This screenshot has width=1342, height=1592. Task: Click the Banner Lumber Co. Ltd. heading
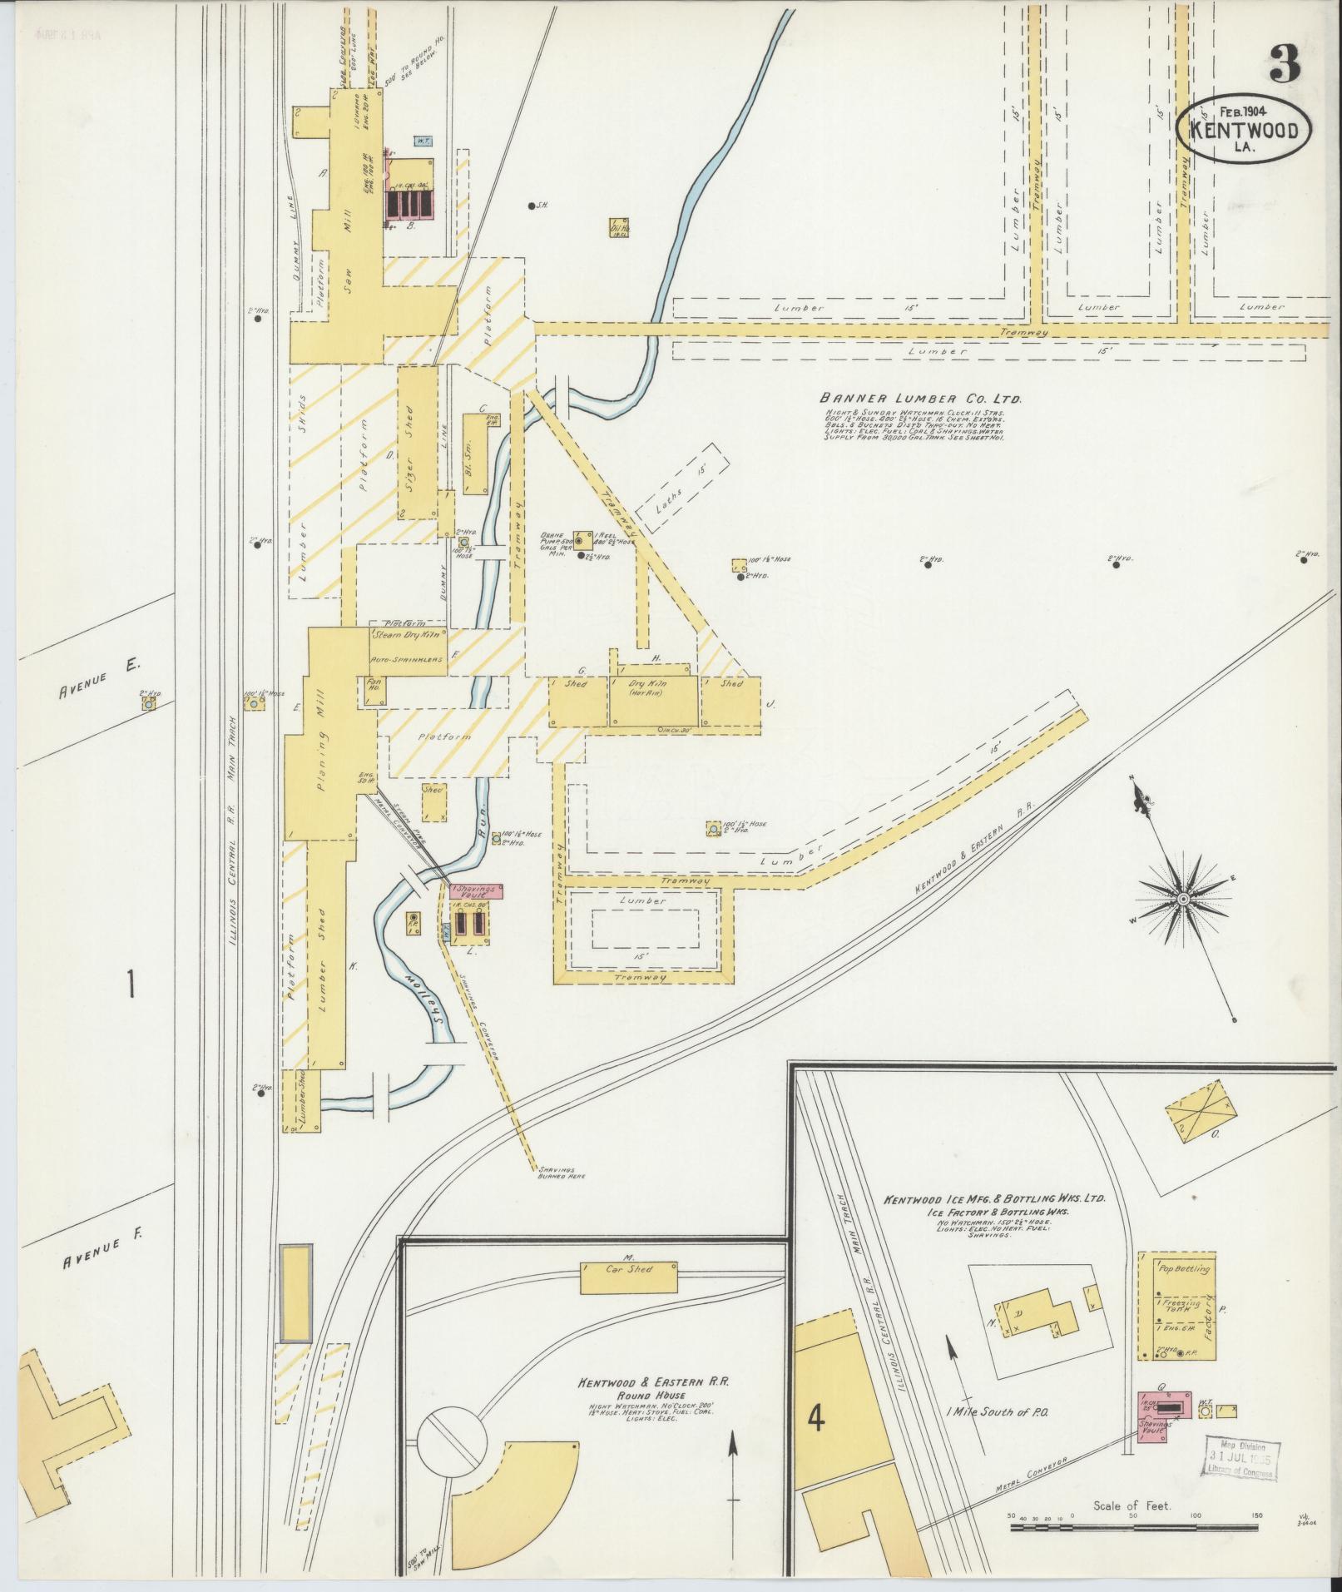(919, 399)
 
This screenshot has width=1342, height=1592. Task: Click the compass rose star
(1182, 900)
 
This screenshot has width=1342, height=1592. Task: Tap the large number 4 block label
(816, 1420)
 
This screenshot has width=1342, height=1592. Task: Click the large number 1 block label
(131, 983)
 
